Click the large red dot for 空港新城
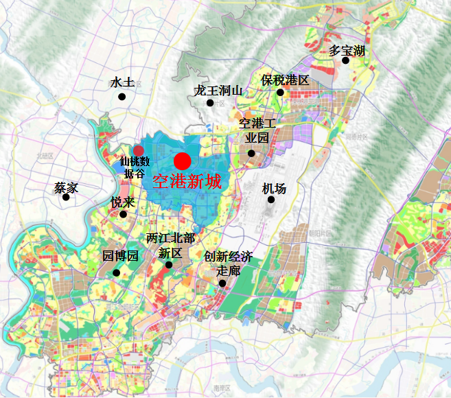coord(182,161)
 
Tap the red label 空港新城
coord(186,182)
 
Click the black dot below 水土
coord(122,96)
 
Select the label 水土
coord(122,82)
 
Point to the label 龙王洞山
coord(218,90)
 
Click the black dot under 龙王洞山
coord(210,103)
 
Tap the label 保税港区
coord(285,80)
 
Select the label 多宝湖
coord(347,51)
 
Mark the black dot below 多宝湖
coord(346,60)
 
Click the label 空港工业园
coord(257,130)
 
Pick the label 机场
coord(274,188)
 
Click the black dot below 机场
coord(271,200)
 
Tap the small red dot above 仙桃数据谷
coord(139,150)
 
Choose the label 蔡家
coord(67,187)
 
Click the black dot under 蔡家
coord(66,198)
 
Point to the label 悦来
coord(123,202)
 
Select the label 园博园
coord(120,256)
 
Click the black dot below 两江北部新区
coord(169,265)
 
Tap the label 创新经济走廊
coord(228,264)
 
